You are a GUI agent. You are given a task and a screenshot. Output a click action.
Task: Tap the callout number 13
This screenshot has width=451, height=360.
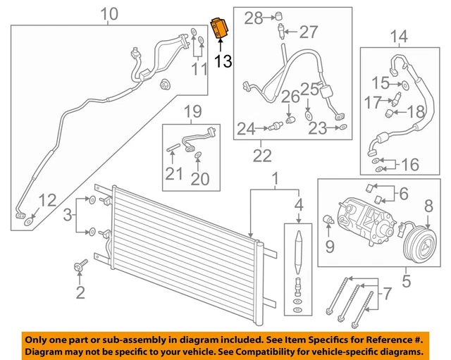point(223,63)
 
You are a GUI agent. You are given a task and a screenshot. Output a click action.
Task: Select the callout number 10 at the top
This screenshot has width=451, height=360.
point(109,13)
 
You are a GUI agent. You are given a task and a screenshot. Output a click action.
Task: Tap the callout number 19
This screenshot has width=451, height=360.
point(193,111)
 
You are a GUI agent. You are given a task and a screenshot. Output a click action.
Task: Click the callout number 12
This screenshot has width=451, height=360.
point(47,201)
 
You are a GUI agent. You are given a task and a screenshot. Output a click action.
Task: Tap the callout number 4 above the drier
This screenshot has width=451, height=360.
point(298,206)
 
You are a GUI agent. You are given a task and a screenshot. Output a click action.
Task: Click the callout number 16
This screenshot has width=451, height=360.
point(409,166)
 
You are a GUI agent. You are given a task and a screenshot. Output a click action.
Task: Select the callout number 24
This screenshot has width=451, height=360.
point(245,128)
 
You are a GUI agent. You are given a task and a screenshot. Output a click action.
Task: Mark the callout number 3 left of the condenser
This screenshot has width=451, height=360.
point(67,214)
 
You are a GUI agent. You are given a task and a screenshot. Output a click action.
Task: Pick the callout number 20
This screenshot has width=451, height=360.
point(200,179)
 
